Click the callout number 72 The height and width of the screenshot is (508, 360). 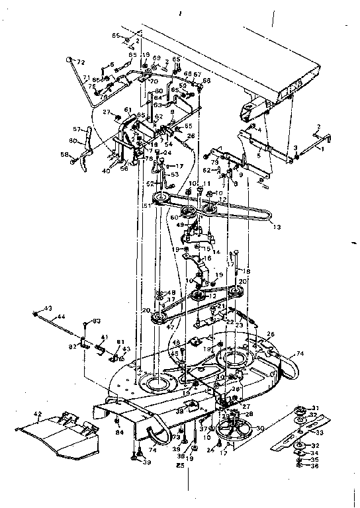pos(81,62)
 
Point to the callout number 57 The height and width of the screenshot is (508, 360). pos(76,129)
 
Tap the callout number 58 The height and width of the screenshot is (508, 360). pos(65,155)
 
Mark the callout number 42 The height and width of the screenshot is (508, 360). pos(38,415)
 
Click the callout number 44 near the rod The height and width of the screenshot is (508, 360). pos(61,317)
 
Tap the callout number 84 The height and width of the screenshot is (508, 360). pos(120,433)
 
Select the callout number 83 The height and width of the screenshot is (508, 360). pos(97,321)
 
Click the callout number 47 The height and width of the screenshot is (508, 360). pos(171,326)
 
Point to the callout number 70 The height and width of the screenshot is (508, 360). pos(154,82)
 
